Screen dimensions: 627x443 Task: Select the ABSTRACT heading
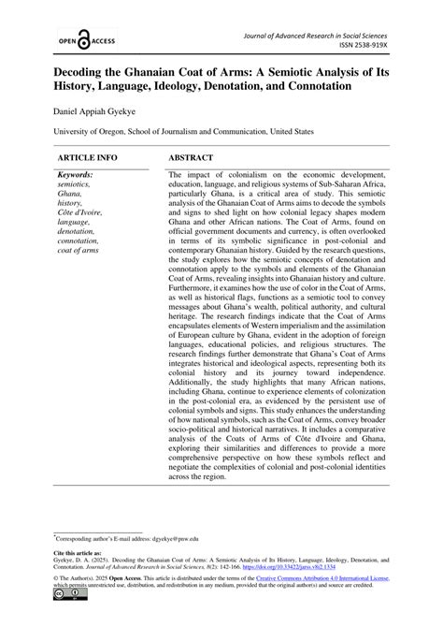click(x=192, y=158)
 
